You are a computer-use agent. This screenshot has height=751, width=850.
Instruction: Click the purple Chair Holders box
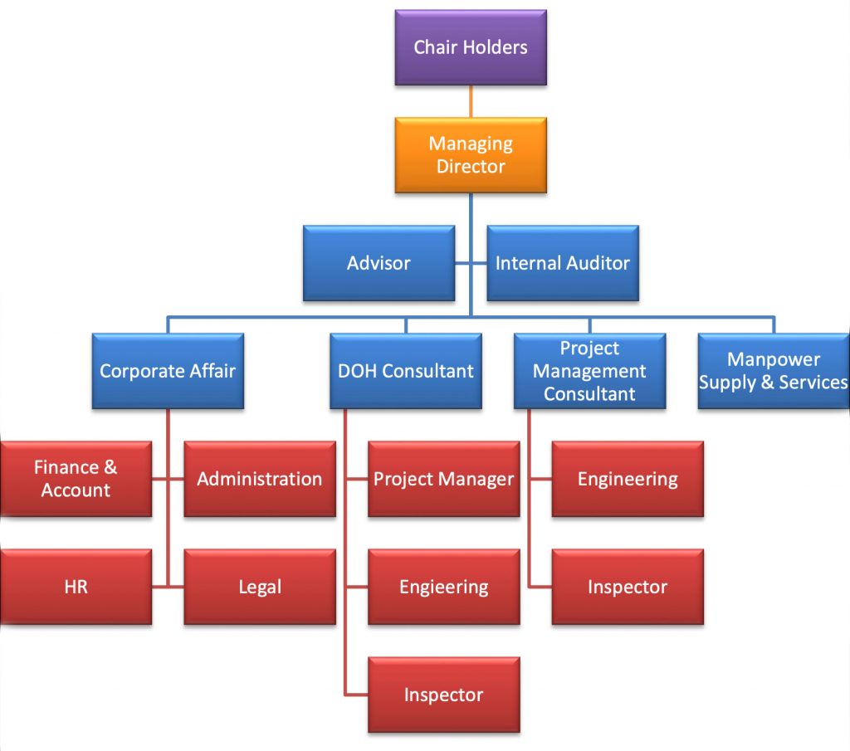(471, 47)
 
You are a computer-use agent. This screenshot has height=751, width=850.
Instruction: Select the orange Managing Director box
(471, 155)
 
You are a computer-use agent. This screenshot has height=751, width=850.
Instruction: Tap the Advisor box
(379, 263)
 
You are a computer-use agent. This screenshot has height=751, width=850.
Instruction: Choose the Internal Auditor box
(563, 263)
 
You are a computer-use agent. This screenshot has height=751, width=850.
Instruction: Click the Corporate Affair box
(168, 371)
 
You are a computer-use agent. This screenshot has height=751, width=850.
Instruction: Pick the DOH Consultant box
(405, 371)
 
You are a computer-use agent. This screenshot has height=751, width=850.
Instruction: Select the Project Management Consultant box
(589, 371)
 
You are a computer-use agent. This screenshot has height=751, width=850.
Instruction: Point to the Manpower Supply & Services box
(774, 371)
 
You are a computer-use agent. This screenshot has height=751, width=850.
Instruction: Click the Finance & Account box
(76, 479)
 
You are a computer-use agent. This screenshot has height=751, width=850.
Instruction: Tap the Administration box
(260, 479)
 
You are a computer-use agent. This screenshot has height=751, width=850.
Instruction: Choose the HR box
(76, 587)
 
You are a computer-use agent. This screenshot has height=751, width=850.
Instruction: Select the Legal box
(260, 587)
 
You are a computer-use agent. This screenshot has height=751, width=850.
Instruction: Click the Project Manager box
(443, 479)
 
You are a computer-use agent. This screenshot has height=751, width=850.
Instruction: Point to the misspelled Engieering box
(443, 587)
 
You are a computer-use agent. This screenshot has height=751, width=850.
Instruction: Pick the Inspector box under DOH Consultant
(443, 695)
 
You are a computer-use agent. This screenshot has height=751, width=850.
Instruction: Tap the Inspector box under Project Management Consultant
(628, 587)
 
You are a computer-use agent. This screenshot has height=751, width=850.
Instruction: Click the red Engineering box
(628, 479)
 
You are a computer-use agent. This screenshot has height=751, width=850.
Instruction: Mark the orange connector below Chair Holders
(471, 101)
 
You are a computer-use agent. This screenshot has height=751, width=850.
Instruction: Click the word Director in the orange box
(471, 166)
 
